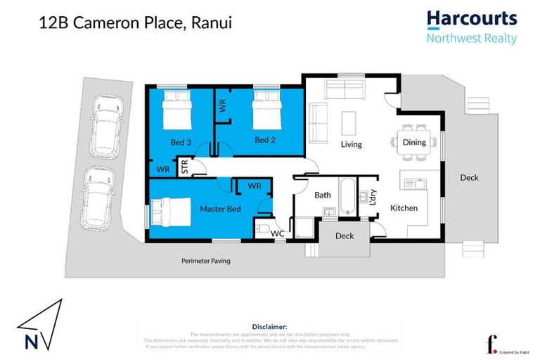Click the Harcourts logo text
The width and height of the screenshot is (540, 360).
coord(472,19)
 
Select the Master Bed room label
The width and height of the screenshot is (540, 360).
coord(220,209)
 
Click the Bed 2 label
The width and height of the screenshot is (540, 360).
coord(264,140)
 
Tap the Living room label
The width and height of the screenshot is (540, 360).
coord(351,144)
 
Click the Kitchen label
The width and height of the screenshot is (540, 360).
coord(404,207)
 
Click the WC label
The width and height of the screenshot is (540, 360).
coord(277,233)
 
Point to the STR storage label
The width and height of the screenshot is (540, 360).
coord(184,168)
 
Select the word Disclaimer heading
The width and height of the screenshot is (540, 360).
coord(269,327)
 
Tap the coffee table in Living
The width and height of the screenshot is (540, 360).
coord(349,123)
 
